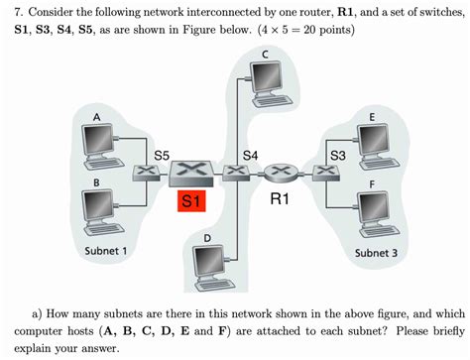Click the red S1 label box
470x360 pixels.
pyautogui.click(x=191, y=201)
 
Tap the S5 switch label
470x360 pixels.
pyautogui.click(x=163, y=155)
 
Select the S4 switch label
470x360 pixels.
pyautogui.click(x=251, y=155)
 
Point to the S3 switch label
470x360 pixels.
pyautogui.click(x=337, y=155)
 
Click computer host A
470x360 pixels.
pyautogui.click(x=101, y=145)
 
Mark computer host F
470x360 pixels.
pyautogui.click(x=375, y=207)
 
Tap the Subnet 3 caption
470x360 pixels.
pyautogui.click(x=375, y=252)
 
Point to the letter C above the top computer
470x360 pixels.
pyautogui.click(x=266, y=51)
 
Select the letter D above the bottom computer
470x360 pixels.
pyautogui.click(x=207, y=238)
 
